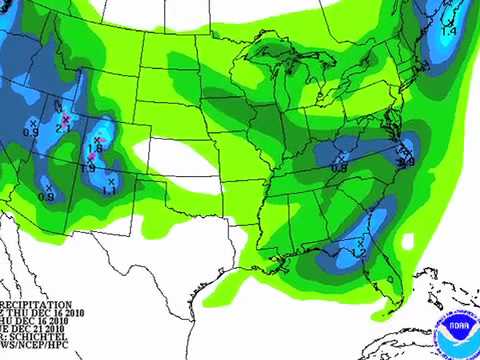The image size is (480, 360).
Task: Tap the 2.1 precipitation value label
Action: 62,128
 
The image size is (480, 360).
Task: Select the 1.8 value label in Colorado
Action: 96,147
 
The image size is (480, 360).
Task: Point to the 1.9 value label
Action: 87,168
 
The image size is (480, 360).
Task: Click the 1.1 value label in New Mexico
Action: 109,190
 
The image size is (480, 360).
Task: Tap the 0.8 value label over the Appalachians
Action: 339,168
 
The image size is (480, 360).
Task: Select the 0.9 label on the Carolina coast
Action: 406,162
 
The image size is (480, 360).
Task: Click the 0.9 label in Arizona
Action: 46,197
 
